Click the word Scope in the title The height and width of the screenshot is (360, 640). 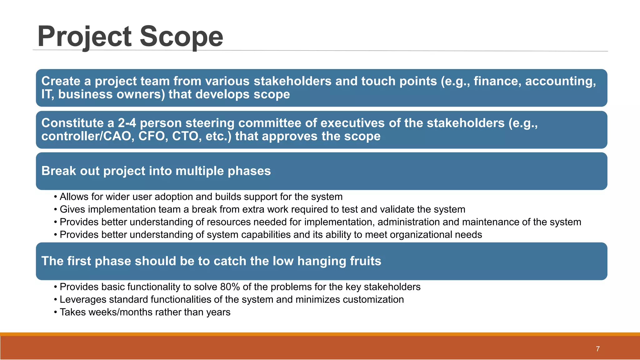click(x=181, y=37)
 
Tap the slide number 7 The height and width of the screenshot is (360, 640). click(x=597, y=349)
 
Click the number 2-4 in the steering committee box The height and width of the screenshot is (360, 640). click(x=127, y=123)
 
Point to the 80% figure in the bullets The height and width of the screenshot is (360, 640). click(x=230, y=287)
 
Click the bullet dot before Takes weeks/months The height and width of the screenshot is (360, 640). click(x=55, y=312)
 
